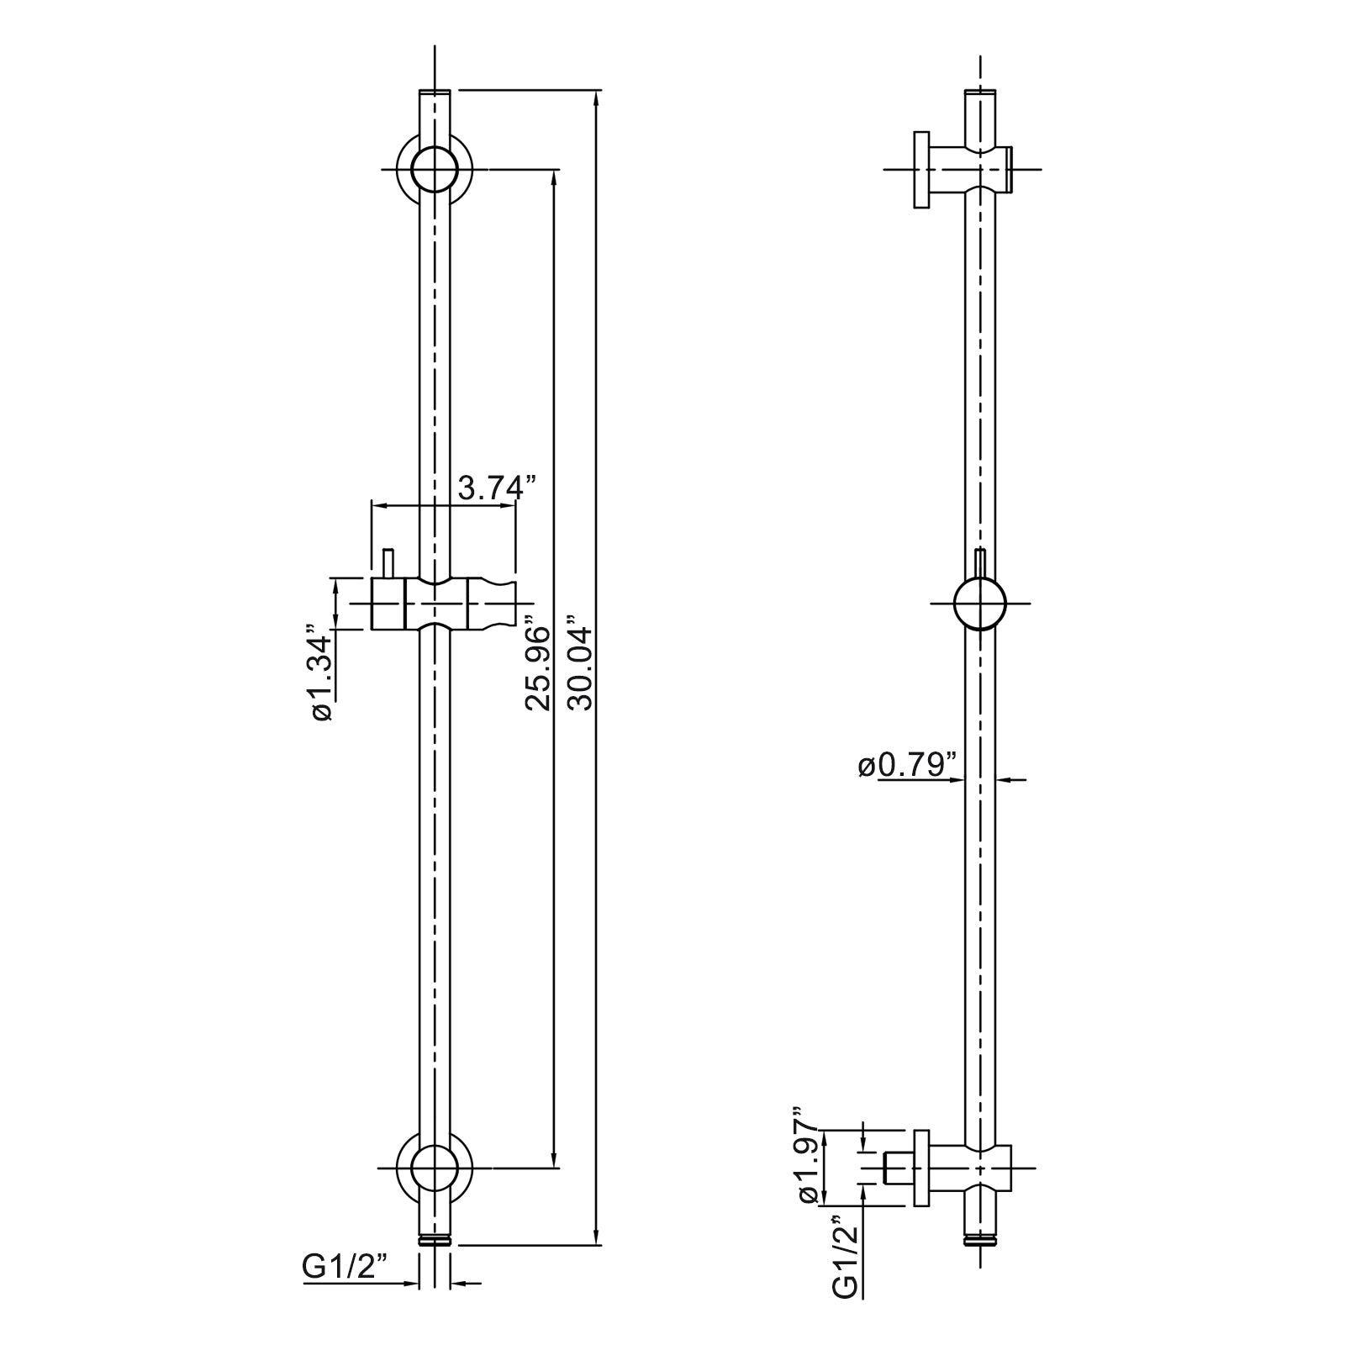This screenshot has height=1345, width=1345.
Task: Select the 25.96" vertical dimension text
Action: click(538, 668)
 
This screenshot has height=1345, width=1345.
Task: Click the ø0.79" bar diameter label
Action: click(908, 766)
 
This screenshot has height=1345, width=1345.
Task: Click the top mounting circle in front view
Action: click(435, 169)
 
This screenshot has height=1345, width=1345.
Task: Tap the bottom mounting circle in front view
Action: click(435, 1168)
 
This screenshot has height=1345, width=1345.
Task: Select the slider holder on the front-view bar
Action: click(441, 604)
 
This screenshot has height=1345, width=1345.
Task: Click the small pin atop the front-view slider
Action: click(388, 562)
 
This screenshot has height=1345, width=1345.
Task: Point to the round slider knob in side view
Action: click(980, 604)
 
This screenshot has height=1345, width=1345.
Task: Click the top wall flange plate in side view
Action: click(922, 169)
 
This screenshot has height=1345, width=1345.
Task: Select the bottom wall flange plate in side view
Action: click(922, 1168)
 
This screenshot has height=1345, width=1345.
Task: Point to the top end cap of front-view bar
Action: click(435, 91)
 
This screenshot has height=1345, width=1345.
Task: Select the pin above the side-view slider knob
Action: click(980, 562)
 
